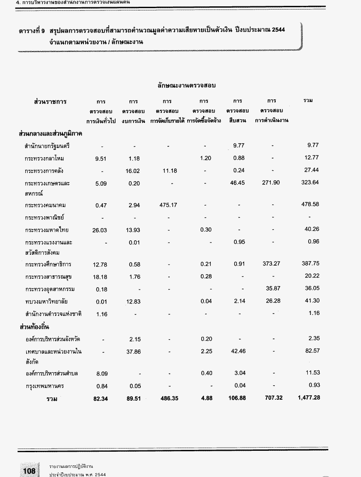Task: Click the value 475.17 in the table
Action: [x=167, y=205]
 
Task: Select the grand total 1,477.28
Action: [x=309, y=398]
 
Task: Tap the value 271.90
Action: [x=271, y=183]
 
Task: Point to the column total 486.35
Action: [x=167, y=398]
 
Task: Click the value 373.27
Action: [x=271, y=264]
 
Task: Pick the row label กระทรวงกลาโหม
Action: [x=47, y=159]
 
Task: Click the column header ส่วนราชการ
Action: [x=51, y=101]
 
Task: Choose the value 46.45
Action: [x=239, y=183]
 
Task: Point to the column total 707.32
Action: [x=271, y=398]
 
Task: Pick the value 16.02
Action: [x=133, y=171]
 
